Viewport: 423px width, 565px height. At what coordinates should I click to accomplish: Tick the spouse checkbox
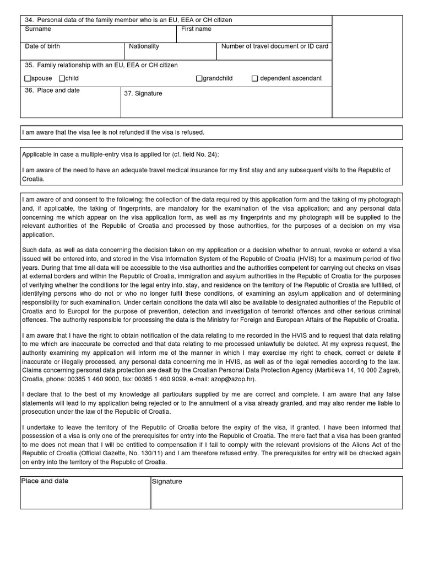point(28,79)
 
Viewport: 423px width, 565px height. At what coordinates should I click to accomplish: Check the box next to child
point(62,79)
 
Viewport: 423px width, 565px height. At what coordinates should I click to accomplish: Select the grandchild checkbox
point(199,79)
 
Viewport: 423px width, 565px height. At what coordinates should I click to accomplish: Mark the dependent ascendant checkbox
point(254,79)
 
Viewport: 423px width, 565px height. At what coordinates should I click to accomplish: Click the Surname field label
point(38,29)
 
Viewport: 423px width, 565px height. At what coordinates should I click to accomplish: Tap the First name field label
point(196,29)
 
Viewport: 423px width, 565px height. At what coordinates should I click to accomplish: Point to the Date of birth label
point(42,46)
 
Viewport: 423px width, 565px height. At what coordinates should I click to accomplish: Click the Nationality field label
point(144,46)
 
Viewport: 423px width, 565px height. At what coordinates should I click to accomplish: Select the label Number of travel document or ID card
point(274,46)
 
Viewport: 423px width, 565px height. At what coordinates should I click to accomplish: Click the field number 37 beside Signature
point(129,94)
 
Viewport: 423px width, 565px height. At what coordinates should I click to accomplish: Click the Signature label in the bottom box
point(167,482)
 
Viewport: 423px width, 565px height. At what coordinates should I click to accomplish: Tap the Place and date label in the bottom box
point(45,481)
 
